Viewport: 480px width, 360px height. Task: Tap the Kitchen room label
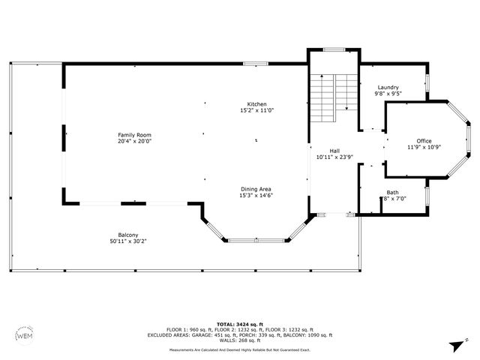pos(257,104)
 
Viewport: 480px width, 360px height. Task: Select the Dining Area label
pos(256,188)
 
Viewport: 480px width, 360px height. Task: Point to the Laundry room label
pos(388,87)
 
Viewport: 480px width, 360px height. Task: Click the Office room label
pos(424,140)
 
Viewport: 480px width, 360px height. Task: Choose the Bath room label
pos(392,192)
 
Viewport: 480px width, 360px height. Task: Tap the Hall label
pos(334,151)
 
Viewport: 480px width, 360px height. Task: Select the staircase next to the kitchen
pos(332,93)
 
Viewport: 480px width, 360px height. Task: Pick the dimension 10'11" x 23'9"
pos(334,157)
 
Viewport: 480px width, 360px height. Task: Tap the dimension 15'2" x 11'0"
pos(257,111)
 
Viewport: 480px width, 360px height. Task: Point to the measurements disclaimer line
pos(240,349)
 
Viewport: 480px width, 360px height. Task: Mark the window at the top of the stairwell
pos(334,49)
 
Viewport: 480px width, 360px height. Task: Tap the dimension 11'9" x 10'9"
pos(424,147)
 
